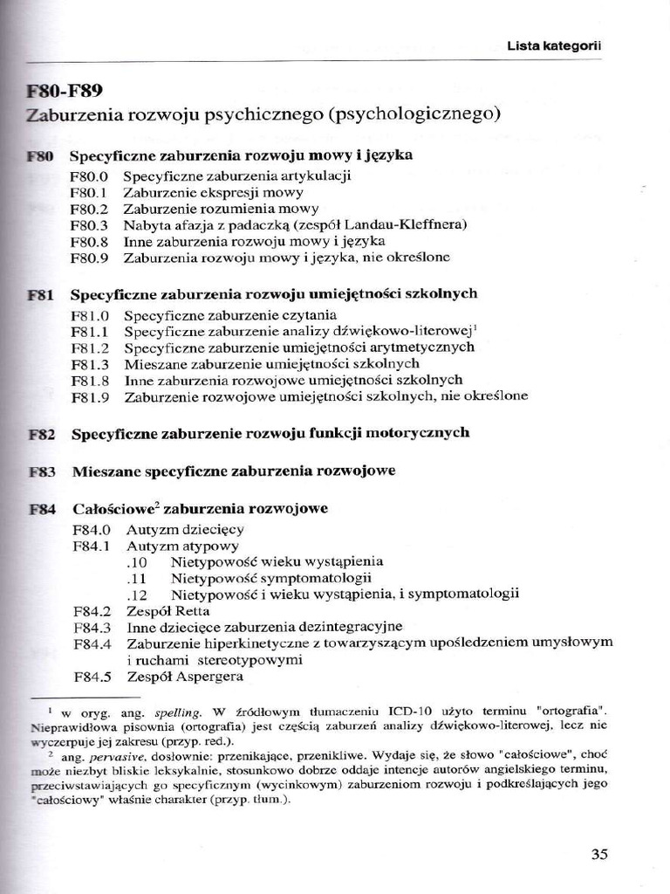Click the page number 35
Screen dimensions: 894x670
[x=598, y=854]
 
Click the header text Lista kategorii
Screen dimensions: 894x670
[x=556, y=45]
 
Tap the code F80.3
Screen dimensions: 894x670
[x=90, y=225]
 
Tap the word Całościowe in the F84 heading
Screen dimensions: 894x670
[x=112, y=508]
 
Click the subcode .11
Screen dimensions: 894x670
[x=136, y=578]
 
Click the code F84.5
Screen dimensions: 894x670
[x=92, y=677]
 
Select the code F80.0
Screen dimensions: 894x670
[x=90, y=176]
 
